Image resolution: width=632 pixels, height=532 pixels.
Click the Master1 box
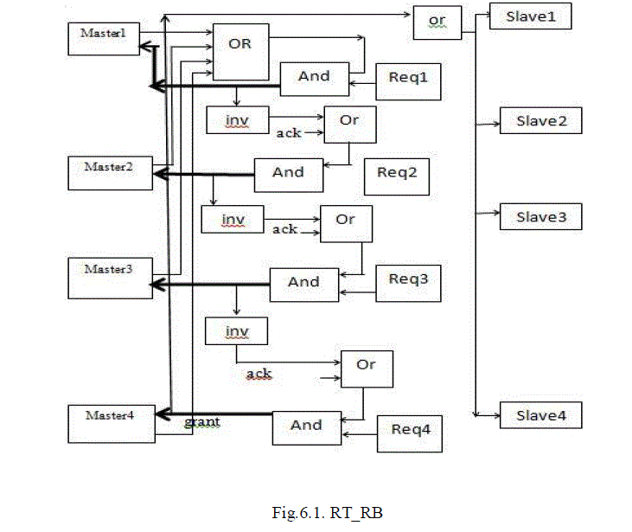(104, 39)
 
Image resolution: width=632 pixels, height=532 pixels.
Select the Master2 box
(104, 172)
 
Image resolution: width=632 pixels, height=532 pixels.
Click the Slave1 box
(530, 16)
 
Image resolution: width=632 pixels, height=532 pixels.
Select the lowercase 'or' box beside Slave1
(436, 22)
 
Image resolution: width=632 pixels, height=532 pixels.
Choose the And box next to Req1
(314, 79)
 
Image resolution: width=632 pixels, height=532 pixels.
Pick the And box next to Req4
(307, 426)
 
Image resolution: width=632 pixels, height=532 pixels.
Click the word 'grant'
(201, 422)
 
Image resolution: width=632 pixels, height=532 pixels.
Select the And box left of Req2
(288, 175)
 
